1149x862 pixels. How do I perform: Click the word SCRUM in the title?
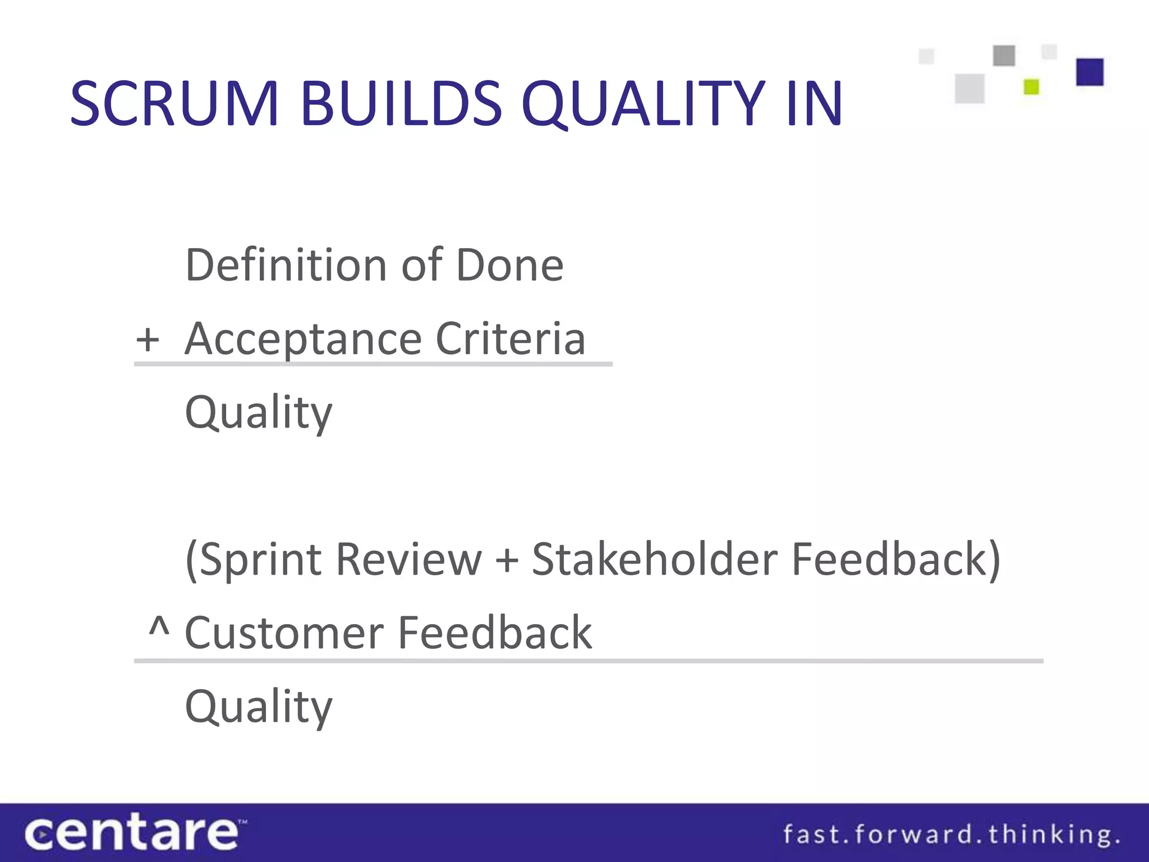pyautogui.click(x=174, y=104)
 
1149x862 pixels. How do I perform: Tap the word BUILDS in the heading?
pyautogui.click(x=401, y=104)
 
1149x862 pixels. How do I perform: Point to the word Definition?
pyautogui.click(x=286, y=265)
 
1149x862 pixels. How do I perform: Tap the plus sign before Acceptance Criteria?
pyautogui.click(x=148, y=340)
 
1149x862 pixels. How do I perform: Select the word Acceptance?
pyautogui.click(x=303, y=340)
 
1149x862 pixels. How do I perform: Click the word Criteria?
pyautogui.click(x=511, y=339)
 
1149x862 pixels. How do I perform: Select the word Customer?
pyautogui.click(x=284, y=633)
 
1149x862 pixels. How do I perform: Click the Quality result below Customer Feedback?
pyautogui.click(x=259, y=708)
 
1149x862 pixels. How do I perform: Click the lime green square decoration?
pyautogui.click(x=1031, y=87)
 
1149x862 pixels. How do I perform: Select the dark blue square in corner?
pyautogui.click(x=1090, y=72)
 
